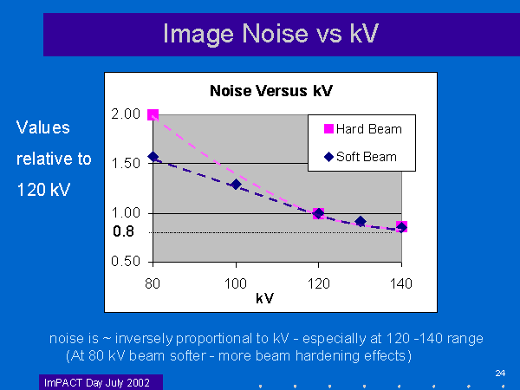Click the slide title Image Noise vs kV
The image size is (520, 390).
270,35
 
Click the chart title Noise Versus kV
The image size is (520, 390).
271,91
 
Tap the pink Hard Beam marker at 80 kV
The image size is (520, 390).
153,115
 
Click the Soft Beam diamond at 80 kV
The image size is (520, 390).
153,157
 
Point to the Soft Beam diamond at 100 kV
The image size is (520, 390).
236,184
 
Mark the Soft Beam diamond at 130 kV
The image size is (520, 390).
361,222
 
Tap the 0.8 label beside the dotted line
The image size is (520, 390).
122,232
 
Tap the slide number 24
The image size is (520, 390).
500,373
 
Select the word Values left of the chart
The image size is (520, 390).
43,127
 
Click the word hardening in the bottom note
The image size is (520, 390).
333,356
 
